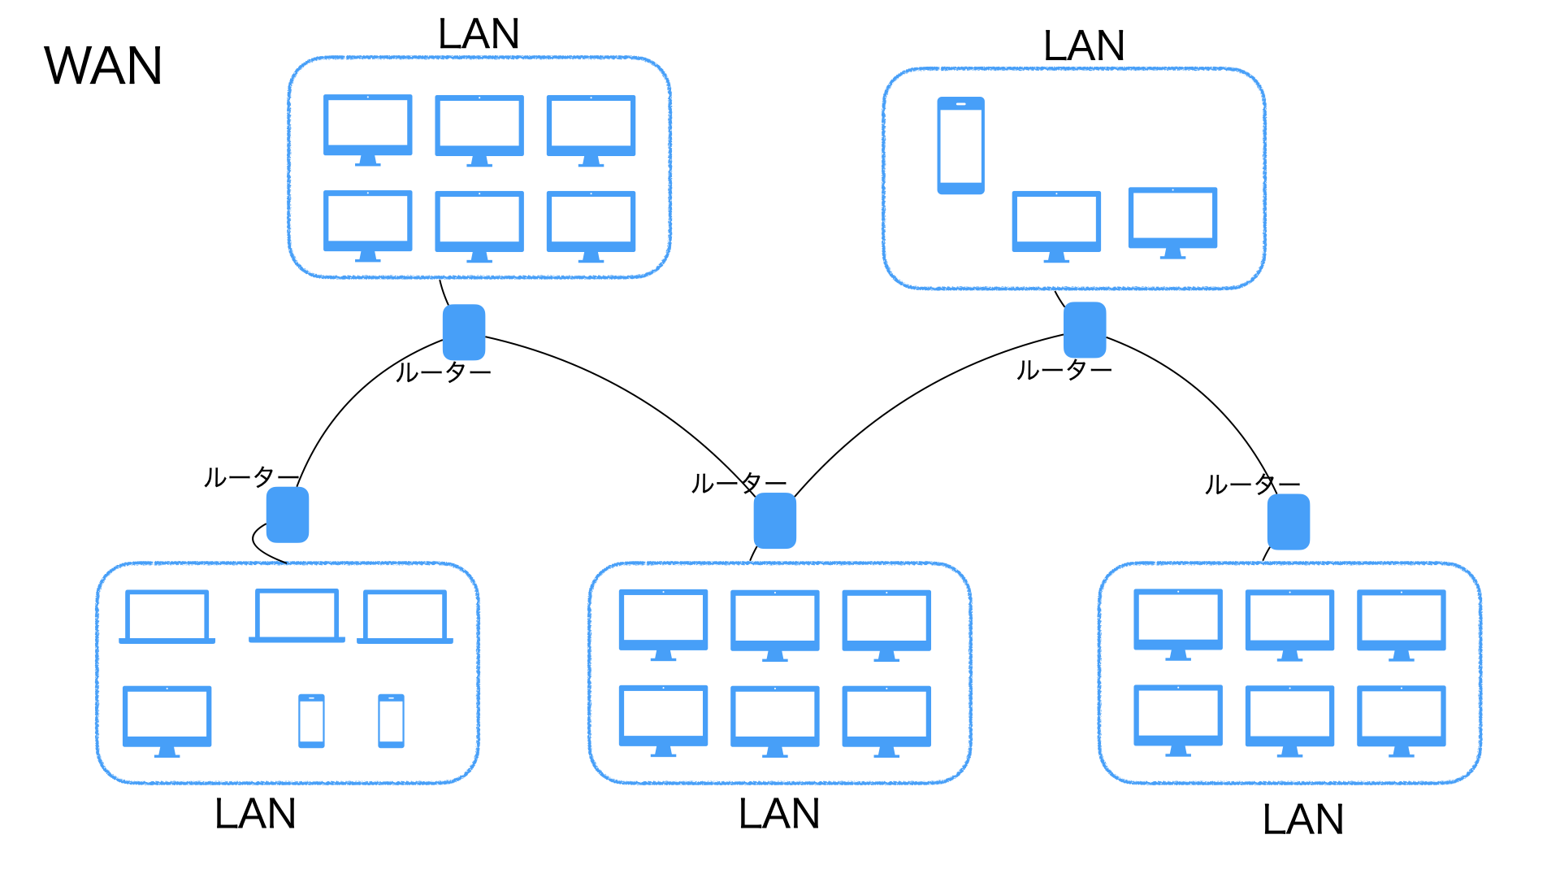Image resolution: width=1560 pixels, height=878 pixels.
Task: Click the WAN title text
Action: pyautogui.click(x=103, y=66)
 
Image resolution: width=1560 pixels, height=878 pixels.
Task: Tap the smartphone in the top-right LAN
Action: pyautogui.click(x=960, y=146)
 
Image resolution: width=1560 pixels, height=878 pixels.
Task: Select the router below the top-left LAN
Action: pyautogui.click(x=464, y=332)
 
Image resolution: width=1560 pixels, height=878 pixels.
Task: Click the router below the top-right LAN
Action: pyautogui.click(x=1085, y=329)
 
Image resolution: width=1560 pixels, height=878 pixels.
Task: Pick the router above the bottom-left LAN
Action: pyautogui.click(x=288, y=515)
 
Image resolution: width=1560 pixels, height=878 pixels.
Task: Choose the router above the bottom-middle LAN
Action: pyautogui.click(x=774, y=520)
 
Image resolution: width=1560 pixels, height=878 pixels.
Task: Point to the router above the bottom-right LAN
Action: pyautogui.click(x=1289, y=521)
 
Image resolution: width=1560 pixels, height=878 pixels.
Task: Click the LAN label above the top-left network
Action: pyautogui.click(x=478, y=34)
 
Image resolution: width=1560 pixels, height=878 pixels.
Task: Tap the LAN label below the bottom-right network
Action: pyautogui.click(x=1302, y=819)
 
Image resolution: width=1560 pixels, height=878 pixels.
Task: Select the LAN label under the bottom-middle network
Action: pyautogui.click(x=778, y=814)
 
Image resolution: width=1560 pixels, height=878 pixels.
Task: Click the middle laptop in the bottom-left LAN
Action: pyautogui.click(x=297, y=615)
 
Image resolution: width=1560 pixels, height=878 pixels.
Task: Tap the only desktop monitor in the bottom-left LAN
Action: pyautogui.click(x=167, y=719)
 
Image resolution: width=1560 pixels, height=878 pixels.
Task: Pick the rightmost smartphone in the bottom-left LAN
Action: pyautogui.click(x=391, y=720)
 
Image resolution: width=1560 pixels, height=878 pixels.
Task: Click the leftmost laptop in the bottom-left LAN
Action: pyautogui.click(x=167, y=616)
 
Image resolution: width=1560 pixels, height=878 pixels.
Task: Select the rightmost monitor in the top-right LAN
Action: pyautogui.click(x=1172, y=221)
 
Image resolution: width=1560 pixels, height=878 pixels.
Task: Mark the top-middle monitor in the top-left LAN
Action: pyautogui.click(x=479, y=129)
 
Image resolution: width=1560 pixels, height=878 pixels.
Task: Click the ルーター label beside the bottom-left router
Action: pyautogui.click(x=250, y=477)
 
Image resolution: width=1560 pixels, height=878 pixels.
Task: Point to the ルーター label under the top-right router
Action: pyautogui.click(x=1064, y=371)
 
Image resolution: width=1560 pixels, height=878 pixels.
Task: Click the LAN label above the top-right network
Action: pyautogui.click(x=1084, y=46)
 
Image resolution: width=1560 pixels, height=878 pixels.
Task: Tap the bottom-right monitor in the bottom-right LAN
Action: pyautogui.click(x=1401, y=719)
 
